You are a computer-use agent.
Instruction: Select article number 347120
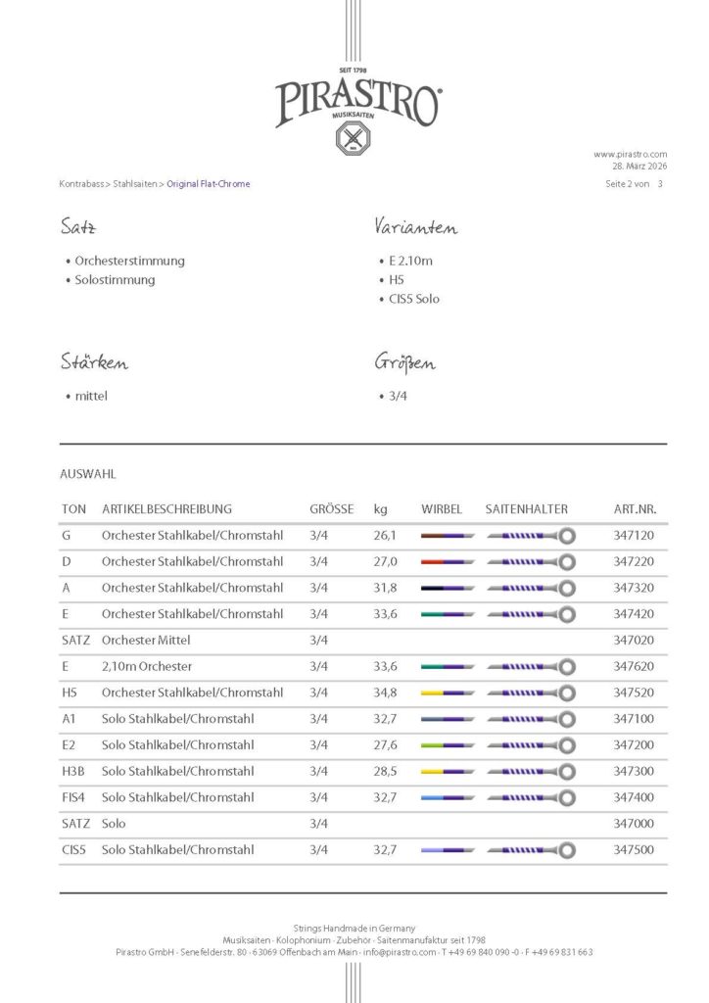[x=633, y=536]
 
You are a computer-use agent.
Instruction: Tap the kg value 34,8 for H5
[x=385, y=693]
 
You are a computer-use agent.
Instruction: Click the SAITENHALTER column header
[x=526, y=509]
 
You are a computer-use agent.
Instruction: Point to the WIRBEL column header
[x=441, y=509]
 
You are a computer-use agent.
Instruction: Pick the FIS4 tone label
[x=73, y=797]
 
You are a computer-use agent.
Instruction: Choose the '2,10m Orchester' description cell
[x=147, y=666]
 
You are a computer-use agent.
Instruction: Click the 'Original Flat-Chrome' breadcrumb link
[x=209, y=184]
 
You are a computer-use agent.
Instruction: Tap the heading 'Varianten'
[x=415, y=228]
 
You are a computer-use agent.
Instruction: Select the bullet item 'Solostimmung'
[x=115, y=280]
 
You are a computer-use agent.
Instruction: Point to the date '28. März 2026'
[x=640, y=167]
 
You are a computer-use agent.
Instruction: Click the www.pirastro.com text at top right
[x=630, y=154]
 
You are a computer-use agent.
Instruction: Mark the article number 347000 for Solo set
[x=633, y=824]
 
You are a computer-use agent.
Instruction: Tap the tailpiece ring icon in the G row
[x=566, y=536]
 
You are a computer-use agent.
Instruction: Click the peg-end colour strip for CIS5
[x=448, y=850]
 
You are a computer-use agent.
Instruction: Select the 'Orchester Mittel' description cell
[x=146, y=640]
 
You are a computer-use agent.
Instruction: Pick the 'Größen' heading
[x=404, y=363]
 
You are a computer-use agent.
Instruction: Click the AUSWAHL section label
[x=87, y=474]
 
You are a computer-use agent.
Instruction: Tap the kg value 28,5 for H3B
[x=385, y=771]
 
